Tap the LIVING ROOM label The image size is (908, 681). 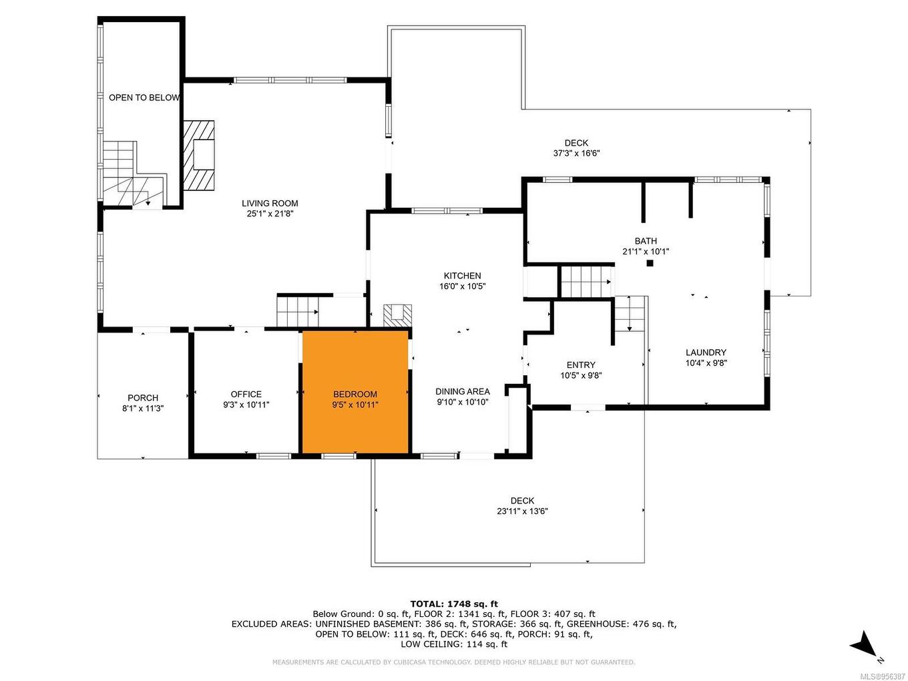point(270,204)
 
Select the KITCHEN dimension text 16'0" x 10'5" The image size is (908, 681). point(463,286)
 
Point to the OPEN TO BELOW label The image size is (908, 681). point(144,97)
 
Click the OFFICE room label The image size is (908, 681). point(246,394)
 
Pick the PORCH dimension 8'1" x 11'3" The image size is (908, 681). point(143,409)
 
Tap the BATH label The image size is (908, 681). point(646,241)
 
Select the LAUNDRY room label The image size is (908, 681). point(706,353)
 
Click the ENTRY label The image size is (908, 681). point(581,365)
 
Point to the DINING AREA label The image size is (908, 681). point(463,391)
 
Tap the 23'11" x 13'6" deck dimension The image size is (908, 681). point(523,511)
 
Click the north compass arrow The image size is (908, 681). point(865,645)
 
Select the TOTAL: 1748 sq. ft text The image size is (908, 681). point(454,604)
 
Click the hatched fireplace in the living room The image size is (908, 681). point(199,155)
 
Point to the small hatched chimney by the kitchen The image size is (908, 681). point(397,315)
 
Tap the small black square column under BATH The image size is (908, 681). point(649,263)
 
